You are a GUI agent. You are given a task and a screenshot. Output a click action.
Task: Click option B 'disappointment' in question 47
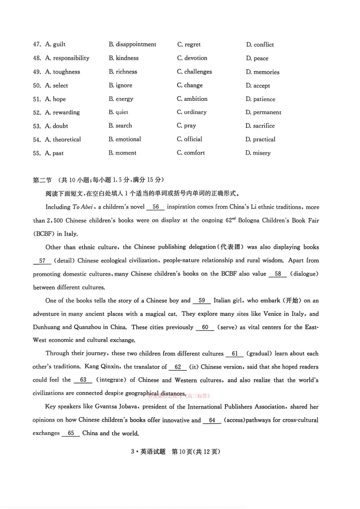click(x=132, y=44)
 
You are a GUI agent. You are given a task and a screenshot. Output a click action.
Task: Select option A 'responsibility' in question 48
click(x=67, y=58)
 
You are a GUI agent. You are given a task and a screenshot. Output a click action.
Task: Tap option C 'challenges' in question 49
click(x=195, y=72)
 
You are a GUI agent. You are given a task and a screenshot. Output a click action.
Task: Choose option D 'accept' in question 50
click(x=258, y=86)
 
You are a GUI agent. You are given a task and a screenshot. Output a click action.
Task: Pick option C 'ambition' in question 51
click(x=192, y=99)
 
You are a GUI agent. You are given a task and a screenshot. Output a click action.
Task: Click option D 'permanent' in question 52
click(x=263, y=112)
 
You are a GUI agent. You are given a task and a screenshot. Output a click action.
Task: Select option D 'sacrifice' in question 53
click(x=260, y=126)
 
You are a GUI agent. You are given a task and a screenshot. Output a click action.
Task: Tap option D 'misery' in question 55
click(x=258, y=153)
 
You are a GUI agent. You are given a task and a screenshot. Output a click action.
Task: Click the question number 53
click(x=37, y=126)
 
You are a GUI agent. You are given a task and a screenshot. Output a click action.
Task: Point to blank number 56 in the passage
click(x=156, y=207)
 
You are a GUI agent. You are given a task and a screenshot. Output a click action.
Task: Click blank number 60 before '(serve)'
click(x=205, y=327)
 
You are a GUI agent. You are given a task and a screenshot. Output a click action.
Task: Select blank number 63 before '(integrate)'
click(x=83, y=380)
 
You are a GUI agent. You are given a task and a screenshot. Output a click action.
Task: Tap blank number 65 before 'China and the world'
click(x=71, y=433)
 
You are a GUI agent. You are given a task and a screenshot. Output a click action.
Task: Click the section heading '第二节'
click(x=42, y=180)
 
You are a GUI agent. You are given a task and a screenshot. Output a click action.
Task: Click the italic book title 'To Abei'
click(x=83, y=207)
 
